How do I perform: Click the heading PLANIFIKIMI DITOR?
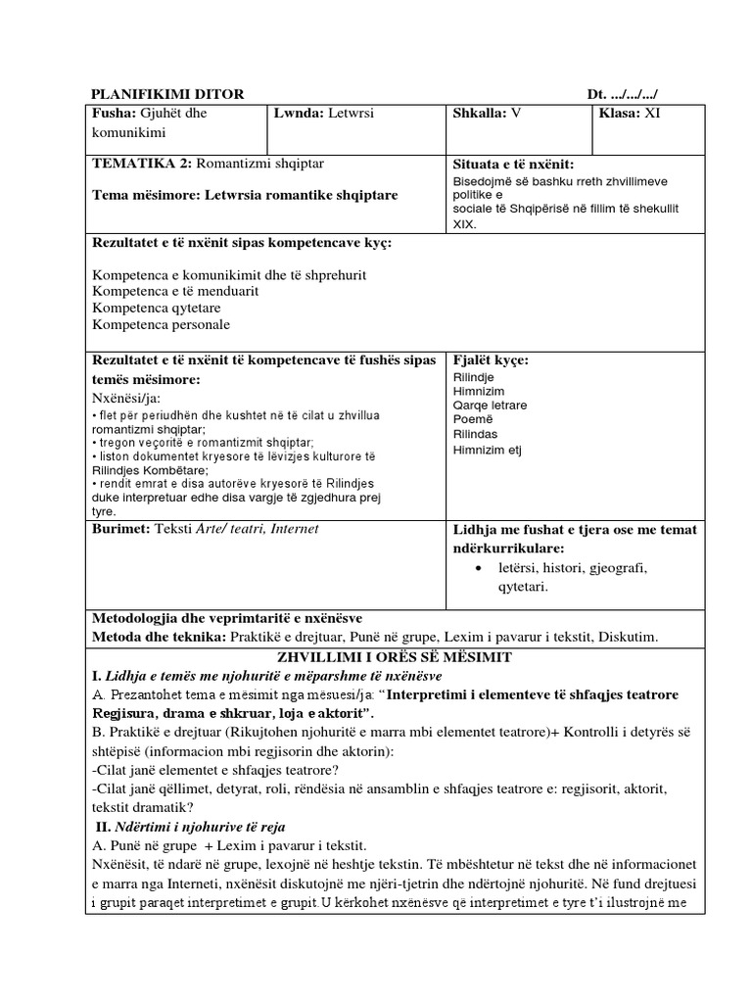click(166, 94)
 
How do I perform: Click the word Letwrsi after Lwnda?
click(355, 113)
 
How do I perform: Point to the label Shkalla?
click(479, 113)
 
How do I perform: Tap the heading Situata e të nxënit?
click(513, 164)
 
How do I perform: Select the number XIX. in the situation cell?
click(465, 223)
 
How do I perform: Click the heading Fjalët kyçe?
click(491, 359)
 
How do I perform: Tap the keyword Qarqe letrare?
click(491, 405)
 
